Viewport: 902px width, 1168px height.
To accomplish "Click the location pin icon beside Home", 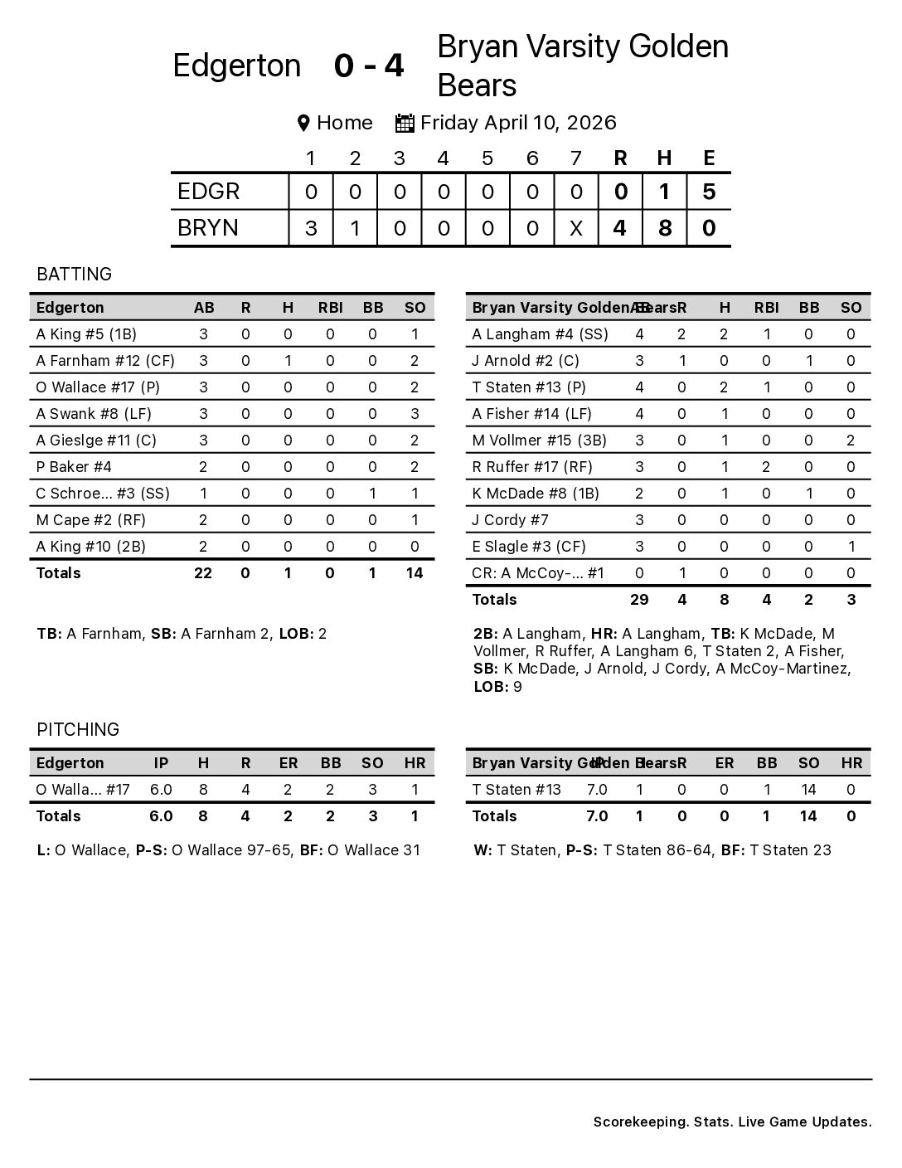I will [303, 124].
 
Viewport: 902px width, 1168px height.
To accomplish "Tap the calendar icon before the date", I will [405, 124].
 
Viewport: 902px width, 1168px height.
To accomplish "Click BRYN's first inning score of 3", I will [311, 228].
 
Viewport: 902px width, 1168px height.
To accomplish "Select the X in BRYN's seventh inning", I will [576, 228].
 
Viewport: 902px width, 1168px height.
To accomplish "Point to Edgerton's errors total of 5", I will [709, 192].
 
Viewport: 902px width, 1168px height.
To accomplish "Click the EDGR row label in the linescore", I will [209, 192].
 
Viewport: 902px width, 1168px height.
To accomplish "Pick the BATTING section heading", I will [74, 275].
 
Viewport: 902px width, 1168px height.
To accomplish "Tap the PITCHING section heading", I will [78, 730].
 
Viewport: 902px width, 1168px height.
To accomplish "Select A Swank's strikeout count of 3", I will [415, 414].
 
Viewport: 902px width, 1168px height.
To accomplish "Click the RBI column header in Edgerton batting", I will [330, 308].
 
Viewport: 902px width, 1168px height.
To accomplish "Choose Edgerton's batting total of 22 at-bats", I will [203, 573].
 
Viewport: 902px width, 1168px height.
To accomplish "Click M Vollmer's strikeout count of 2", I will [851, 440].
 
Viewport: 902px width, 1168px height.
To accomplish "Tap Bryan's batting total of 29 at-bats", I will [639, 600].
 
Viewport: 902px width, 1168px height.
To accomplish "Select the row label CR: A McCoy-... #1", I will [538, 573].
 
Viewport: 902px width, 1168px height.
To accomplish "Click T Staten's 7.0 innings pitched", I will [597, 790].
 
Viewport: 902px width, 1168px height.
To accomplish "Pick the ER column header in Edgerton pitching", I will [288, 763].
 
